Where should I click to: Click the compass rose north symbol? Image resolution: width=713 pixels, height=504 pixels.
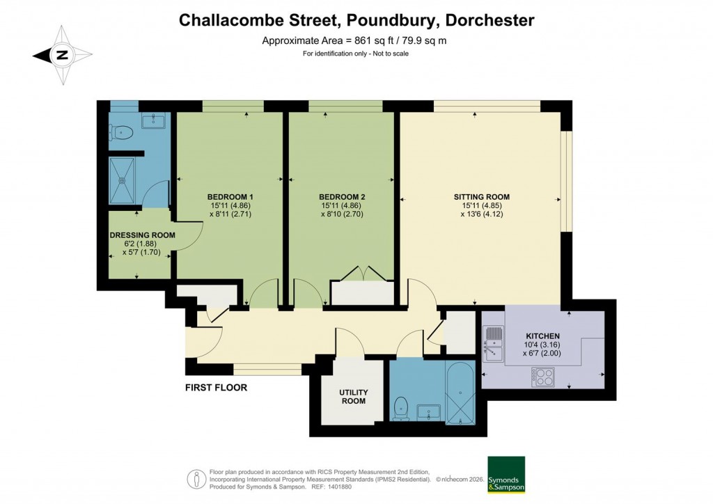coord(62,56)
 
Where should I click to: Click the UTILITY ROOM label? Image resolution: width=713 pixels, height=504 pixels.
coord(353,397)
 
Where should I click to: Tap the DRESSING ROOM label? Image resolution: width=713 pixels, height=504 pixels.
coord(142,235)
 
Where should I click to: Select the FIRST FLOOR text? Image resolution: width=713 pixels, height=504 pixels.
coord(216,387)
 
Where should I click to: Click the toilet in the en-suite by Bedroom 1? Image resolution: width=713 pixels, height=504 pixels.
coord(123,132)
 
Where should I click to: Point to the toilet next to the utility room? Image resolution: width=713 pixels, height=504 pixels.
coord(400,409)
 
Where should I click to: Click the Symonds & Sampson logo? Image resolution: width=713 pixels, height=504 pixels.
coord(506,475)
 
